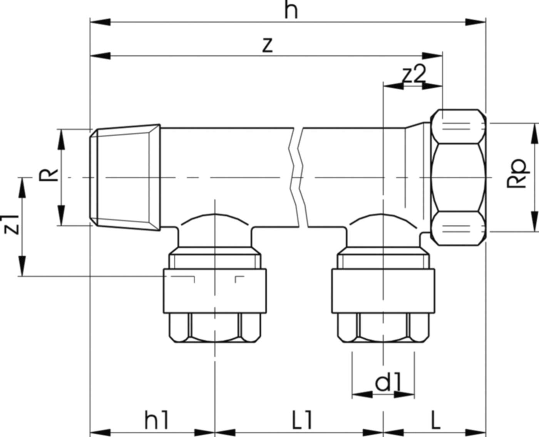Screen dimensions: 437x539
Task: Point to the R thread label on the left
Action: click(48, 175)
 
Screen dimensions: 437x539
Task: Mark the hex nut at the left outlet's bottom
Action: click(214, 327)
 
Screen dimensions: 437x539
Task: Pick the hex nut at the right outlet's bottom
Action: click(383, 327)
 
